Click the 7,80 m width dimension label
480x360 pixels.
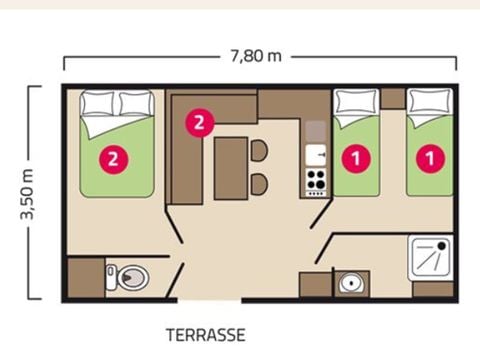256,56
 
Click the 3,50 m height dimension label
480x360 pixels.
27,194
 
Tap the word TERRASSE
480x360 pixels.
206,335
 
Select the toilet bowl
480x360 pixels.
133,278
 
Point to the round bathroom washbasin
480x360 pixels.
350,283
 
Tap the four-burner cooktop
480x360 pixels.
316,182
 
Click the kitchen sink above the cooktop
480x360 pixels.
316,155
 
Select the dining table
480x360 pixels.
231,168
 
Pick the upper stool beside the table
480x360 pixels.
259,151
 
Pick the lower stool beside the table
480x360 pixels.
259,184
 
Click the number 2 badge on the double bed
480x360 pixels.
114,159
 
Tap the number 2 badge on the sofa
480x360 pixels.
199,123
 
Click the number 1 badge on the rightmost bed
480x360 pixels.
430,159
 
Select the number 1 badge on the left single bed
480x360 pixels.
356,159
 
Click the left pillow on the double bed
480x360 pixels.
98,104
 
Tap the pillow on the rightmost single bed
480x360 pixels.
429,101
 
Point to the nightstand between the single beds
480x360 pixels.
393,98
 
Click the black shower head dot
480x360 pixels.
442,246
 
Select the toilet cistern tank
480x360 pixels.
111,277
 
